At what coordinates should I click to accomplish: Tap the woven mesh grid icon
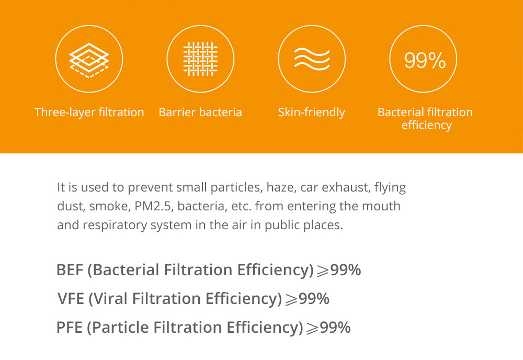[x=200, y=59]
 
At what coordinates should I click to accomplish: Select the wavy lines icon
[x=312, y=59]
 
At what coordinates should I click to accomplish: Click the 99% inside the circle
[x=425, y=60]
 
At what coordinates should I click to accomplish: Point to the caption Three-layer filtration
[x=89, y=112]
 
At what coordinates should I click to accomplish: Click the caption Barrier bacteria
[x=200, y=112]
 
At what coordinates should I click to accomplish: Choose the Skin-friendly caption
[x=312, y=112]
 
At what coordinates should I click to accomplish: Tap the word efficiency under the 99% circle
[x=427, y=125]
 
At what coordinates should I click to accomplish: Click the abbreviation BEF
[x=70, y=270]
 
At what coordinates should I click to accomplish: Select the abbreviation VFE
[x=71, y=299]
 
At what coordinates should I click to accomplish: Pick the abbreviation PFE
[x=70, y=328]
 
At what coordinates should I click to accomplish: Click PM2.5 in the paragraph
[x=153, y=206]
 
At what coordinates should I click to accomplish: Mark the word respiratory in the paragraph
[x=115, y=225]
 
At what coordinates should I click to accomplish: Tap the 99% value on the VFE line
[x=314, y=299]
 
